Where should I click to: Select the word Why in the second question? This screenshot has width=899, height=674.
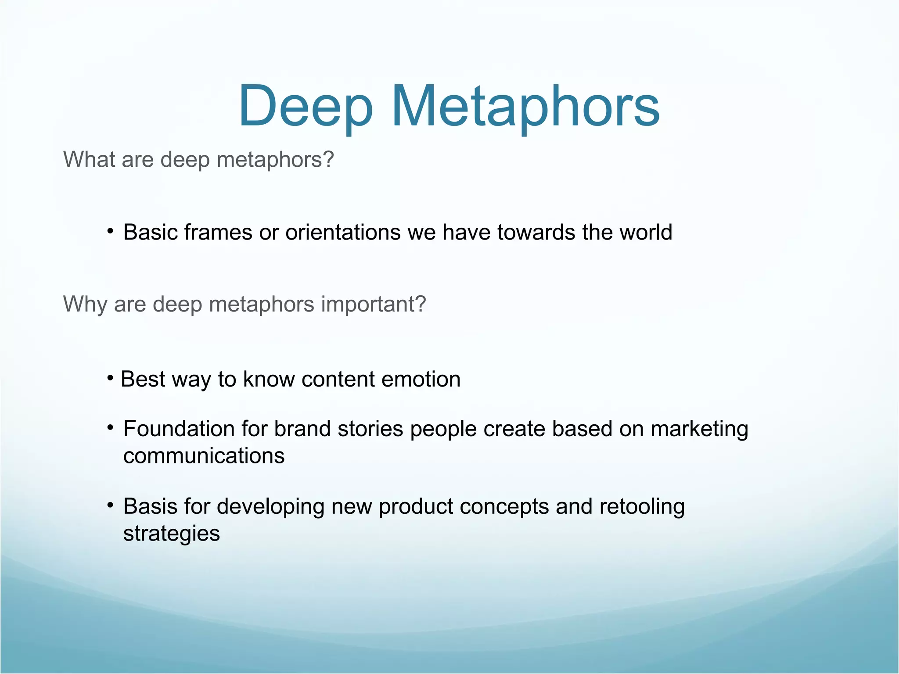click(85, 304)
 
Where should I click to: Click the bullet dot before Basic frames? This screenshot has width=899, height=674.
click(111, 231)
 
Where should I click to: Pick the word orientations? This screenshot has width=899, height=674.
click(343, 232)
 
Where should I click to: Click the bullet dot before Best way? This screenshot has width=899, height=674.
click(111, 377)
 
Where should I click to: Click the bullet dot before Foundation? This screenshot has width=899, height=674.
click(111, 427)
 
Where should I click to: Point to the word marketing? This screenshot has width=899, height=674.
click(699, 430)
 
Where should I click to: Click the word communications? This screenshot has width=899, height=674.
click(204, 456)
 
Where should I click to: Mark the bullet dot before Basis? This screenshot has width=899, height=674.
click(111, 505)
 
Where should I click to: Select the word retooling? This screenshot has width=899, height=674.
click(642, 507)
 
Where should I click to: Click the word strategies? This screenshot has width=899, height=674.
click(171, 534)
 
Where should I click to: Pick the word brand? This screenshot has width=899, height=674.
click(302, 429)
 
